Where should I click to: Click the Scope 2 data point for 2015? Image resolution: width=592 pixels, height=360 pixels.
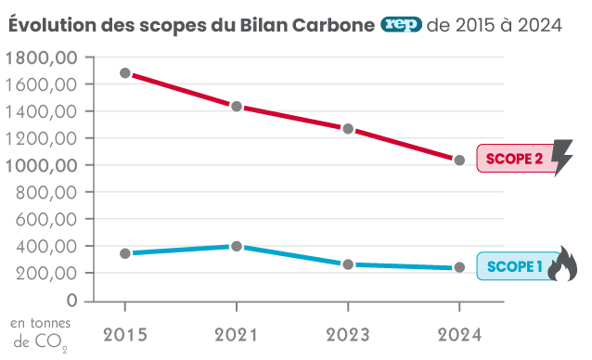[125, 73]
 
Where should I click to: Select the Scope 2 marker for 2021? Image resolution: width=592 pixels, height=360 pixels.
[237, 107]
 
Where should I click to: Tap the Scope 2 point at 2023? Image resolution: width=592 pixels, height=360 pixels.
[348, 129]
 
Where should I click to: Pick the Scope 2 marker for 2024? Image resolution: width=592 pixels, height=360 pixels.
[459, 161]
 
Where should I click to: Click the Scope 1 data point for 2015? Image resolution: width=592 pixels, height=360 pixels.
[125, 253]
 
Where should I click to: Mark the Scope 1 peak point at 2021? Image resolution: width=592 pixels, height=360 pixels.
[237, 247]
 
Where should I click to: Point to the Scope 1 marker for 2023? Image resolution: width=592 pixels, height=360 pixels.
[348, 264]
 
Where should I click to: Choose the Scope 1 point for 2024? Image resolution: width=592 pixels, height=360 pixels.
[459, 268]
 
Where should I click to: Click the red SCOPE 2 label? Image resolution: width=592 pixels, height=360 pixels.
[513, 160]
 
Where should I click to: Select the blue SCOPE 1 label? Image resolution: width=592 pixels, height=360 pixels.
[513, 267]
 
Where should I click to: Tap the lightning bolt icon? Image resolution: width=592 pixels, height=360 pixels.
[562, 157]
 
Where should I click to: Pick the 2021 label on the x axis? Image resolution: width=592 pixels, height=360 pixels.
[237, 332]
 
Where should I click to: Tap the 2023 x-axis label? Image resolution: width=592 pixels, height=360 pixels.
[348, 332]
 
